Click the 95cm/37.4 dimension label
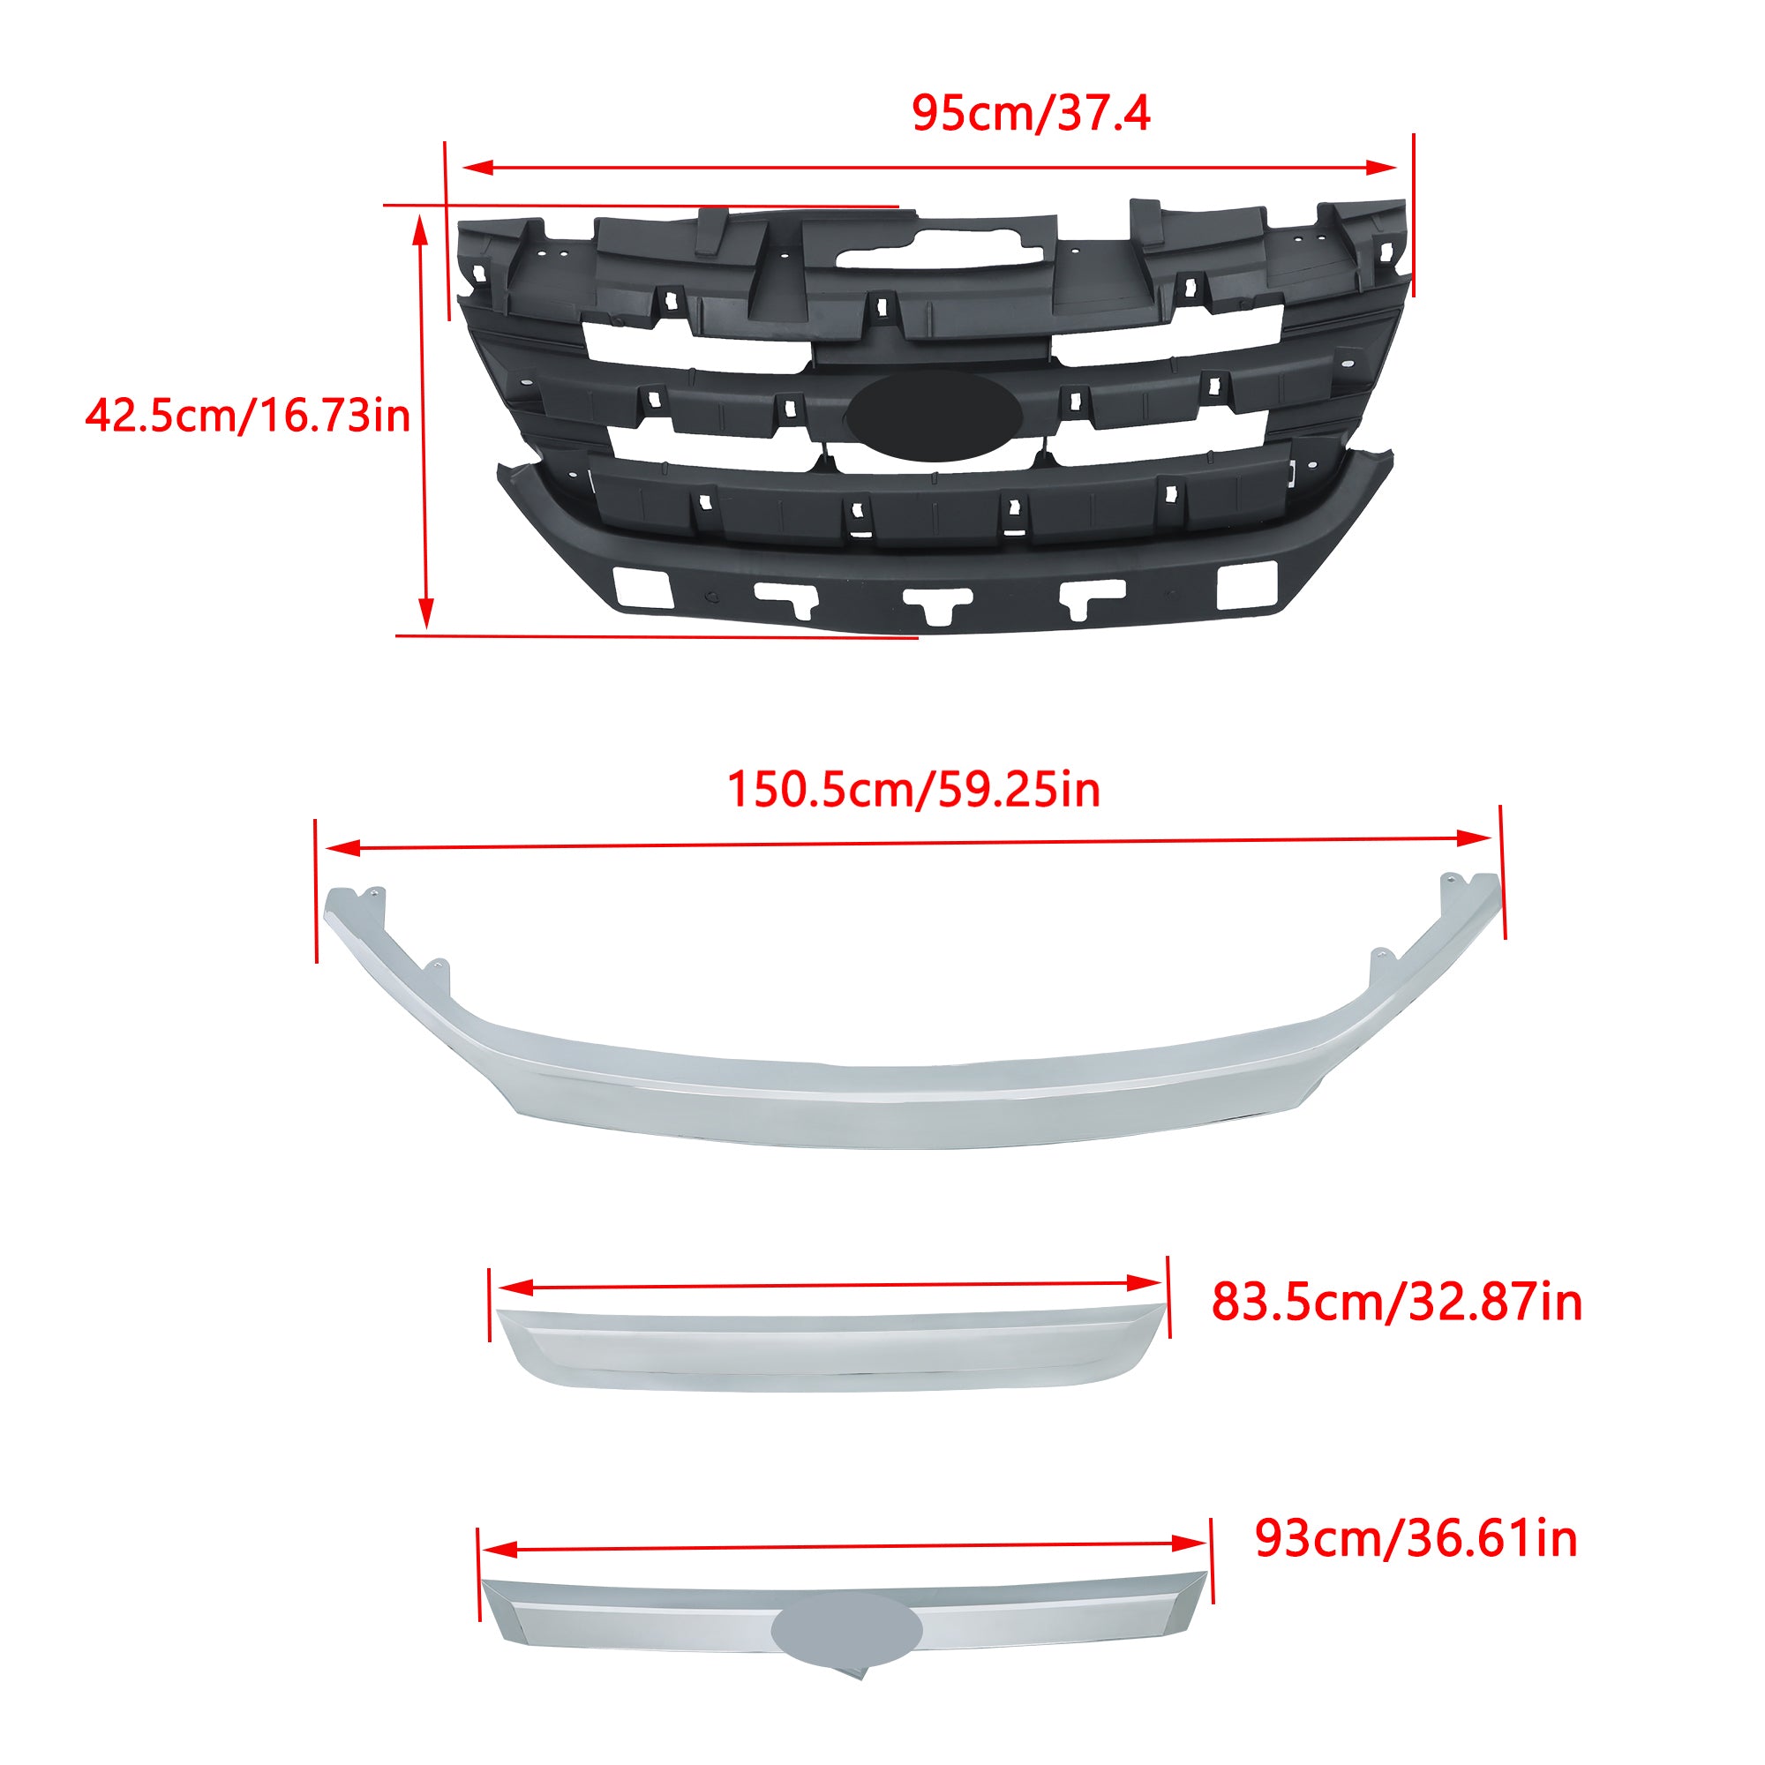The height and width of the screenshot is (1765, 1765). tap(1031, 113)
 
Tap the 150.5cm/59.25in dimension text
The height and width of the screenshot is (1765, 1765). tap(913, 789)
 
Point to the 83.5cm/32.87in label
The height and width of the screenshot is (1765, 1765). tap(1397, 1302)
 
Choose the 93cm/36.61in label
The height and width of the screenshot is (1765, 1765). tap(1416, 1538)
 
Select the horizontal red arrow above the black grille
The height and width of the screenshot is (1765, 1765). tap(930, 167)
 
